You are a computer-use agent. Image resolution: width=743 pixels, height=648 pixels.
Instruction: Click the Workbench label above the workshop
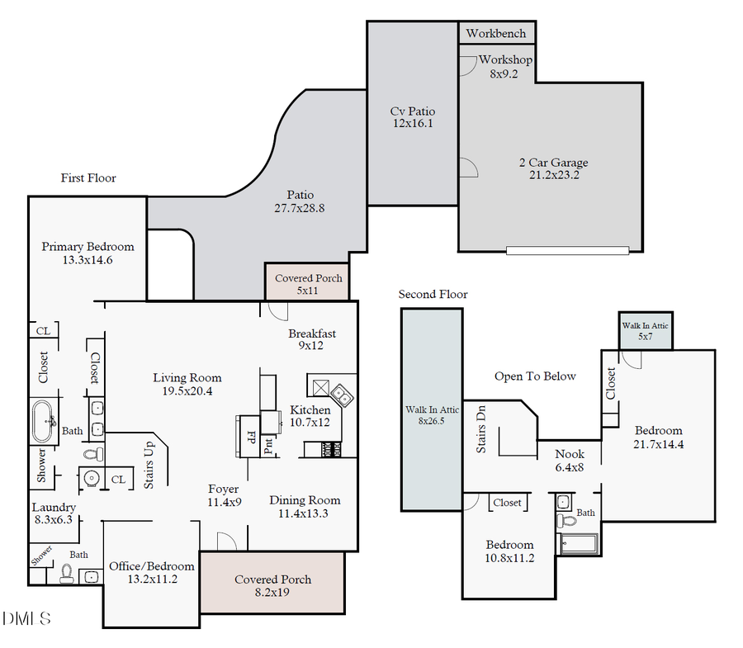pos(497,34)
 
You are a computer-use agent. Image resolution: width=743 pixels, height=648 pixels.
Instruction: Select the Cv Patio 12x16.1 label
pos(412,117)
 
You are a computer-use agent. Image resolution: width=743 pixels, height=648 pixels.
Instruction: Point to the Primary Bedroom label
pos(88,253)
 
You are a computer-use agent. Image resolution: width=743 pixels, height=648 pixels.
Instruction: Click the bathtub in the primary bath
pos(45,420)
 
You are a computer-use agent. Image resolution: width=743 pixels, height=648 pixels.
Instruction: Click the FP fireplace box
pos(249,435)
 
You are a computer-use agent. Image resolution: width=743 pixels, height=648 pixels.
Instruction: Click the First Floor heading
pos(88,178)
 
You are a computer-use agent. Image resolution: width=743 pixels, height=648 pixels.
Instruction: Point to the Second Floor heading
pos(433,295)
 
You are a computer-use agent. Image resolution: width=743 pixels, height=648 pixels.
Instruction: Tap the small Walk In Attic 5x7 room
pos(646,331)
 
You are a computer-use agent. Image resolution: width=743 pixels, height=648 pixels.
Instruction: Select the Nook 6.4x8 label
pos(570,461)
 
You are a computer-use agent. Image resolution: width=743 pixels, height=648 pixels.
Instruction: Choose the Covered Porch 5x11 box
pos(307,283)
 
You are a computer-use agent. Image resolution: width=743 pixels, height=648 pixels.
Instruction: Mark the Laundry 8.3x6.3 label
pos(54,513)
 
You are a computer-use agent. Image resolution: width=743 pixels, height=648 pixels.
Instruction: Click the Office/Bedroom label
pos(152,572)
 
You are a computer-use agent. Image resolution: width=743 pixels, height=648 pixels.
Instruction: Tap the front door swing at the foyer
pos(225,541)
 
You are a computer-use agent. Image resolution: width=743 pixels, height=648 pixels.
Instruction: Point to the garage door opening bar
pos(567,250)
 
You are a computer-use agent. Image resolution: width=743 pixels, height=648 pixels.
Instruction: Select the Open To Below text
pos(535,376)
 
